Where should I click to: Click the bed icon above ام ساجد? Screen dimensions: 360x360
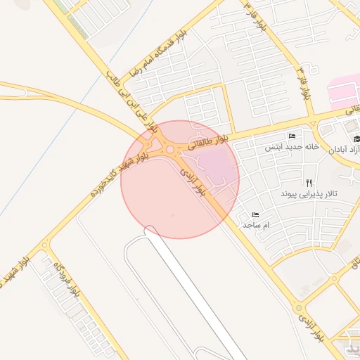pyautogui.click(x=255, y=214)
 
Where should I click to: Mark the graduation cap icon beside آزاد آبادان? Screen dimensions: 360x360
pyautogui.click(x=356, y=139)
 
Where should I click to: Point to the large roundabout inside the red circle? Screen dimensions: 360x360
pyautogui.click(x=169, y=149)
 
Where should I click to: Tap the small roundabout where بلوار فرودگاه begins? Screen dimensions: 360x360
pyautogui.click(x=45, y=245)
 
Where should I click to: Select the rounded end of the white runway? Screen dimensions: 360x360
pyautogui.click(x=150, y=230)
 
